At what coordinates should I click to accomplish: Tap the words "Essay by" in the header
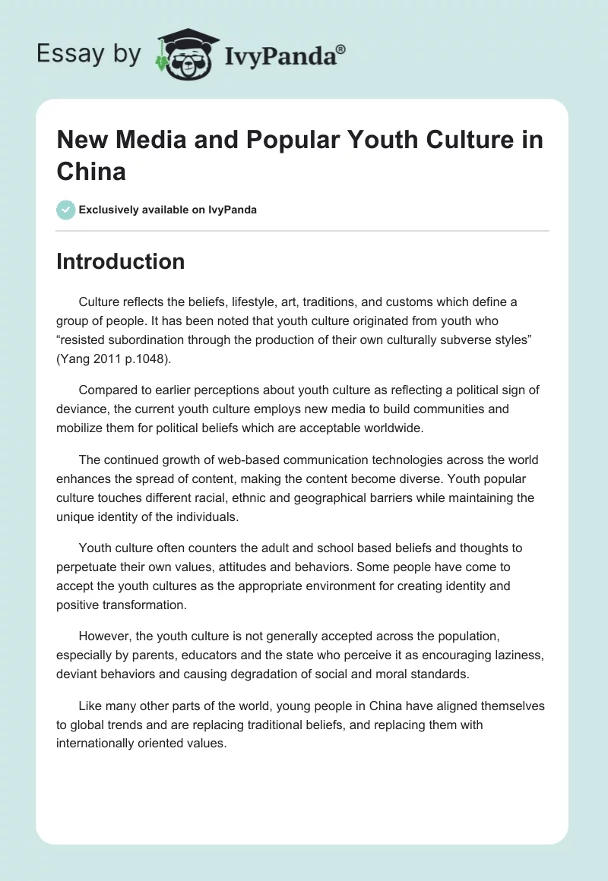88,54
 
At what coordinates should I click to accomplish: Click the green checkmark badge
66,210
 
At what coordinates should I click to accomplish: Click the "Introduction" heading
120,261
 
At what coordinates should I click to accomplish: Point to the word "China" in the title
91,171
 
